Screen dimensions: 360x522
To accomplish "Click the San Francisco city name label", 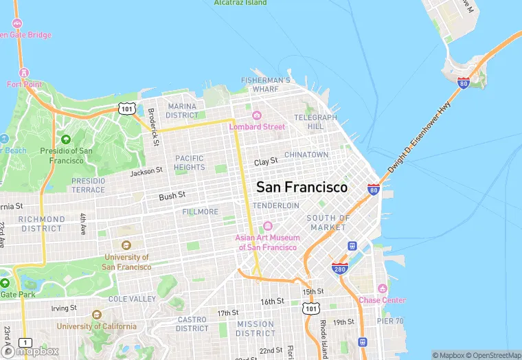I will tap(302, 187).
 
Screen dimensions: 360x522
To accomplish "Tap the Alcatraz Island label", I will tap(240, 3).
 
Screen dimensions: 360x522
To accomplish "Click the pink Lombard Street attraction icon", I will tap(257, 115).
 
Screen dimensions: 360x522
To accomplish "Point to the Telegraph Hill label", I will tap(316, 122).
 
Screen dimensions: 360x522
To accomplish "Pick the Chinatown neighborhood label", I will tap(306, 155).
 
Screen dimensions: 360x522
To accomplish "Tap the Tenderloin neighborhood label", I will tap(276, 205).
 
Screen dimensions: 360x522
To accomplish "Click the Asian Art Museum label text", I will tap(266, 243).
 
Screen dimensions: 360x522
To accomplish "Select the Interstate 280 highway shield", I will tap(339, 268).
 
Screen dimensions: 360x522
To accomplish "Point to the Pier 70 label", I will tap(390, 321).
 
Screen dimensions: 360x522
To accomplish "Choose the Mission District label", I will tap(256, 328).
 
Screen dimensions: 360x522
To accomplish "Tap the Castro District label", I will tap(192, 324).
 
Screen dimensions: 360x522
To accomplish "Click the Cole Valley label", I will tap(132, 299).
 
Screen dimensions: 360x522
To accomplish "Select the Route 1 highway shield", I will tap(25, 342).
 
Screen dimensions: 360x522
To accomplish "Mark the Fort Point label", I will tap(24, 85).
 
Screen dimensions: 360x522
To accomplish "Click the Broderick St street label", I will tap(155, 128).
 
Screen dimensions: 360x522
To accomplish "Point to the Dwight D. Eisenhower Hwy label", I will tap(419, 136).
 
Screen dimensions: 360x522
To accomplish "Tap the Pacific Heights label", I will tap(190, 163).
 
